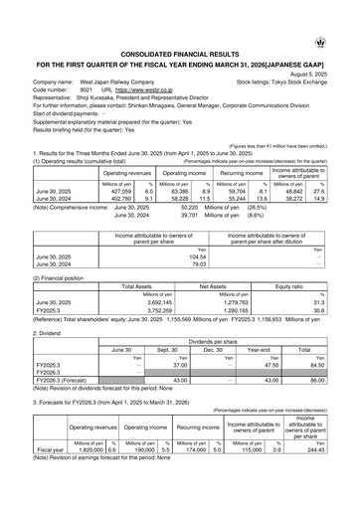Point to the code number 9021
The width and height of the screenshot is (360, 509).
86,88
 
